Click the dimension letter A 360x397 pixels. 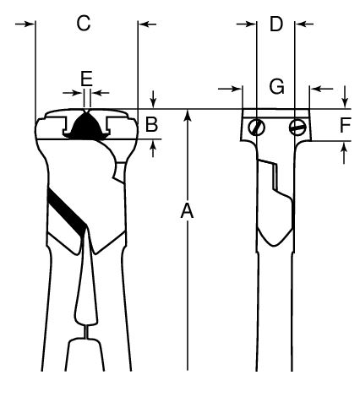coord(187,211)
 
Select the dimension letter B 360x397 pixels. coord(151,124)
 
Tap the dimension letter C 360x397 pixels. coord(84,23)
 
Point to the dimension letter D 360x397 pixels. coord(276,24)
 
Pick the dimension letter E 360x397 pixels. coord(86,79)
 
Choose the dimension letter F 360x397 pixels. coord(345,125)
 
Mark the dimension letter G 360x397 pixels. coord(276,86)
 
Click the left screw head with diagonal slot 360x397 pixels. coord(257,127)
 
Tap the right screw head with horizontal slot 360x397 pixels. coord(297,128)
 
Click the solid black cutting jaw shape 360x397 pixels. coord(86,127)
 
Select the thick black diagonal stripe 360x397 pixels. coord(66,212)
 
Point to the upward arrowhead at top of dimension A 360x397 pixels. coord(188,117)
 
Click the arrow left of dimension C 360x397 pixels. coord(25,24)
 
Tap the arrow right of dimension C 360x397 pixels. coord(148,24)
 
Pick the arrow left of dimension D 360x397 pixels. coord(246,24)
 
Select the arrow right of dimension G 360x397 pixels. coord(321,89)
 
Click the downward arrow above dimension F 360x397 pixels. coord(345,96)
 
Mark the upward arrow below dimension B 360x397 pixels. coord(153,149)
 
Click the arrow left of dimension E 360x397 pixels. coord(72,93)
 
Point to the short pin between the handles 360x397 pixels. coord(87,332)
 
